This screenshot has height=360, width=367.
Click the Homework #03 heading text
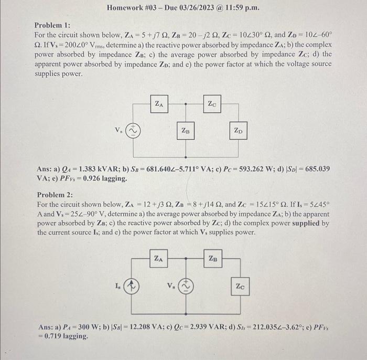183,8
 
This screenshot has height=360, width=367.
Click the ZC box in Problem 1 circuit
211,104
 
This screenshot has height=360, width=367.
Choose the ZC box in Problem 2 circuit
240,287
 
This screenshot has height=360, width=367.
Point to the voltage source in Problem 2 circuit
187,287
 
